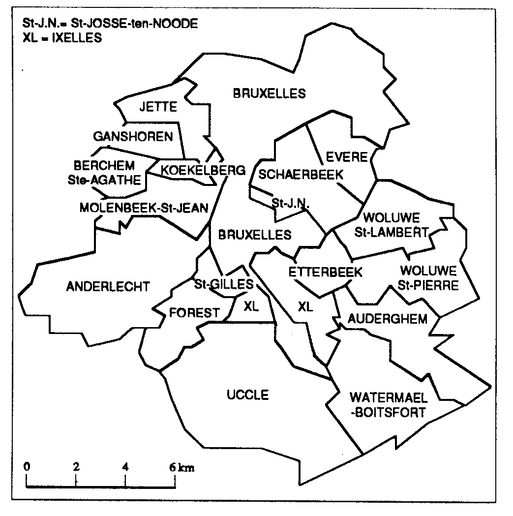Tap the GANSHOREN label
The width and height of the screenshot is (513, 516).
pos(133,136)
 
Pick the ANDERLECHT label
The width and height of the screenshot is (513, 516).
pos(108,286)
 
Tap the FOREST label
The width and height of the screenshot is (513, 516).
pos(194,312)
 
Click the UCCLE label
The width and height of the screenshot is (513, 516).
pos(248,395)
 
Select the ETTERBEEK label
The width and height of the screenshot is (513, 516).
pos(325,272)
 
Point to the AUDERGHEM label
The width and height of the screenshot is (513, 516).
pos(388,319)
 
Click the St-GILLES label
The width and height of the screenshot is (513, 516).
pos(224,284)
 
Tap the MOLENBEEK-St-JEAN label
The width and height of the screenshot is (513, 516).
pos(144,208)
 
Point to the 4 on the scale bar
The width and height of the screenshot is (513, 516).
pos(126,467)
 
